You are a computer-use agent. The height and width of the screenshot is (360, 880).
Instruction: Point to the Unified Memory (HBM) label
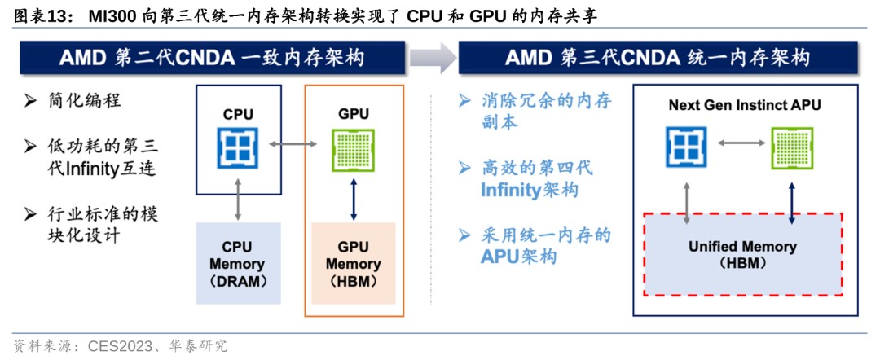click(x=742, y=254)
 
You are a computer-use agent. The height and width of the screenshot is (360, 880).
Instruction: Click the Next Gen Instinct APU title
click(x=744, y=105)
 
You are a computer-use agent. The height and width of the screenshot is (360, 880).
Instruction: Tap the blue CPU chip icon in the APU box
click(x=687, y=147)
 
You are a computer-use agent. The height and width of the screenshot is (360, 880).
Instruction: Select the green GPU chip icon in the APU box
click(x=793, y=147)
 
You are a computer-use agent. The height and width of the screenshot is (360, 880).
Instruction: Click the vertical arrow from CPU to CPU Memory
click(x=237, y=195)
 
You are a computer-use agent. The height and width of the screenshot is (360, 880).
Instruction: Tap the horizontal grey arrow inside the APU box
click(x=740, y=142)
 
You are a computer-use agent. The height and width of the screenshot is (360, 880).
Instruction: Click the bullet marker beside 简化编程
click(x=30, y=101)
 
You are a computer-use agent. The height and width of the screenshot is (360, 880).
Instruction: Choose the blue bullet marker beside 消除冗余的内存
click(x=464, y=101)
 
